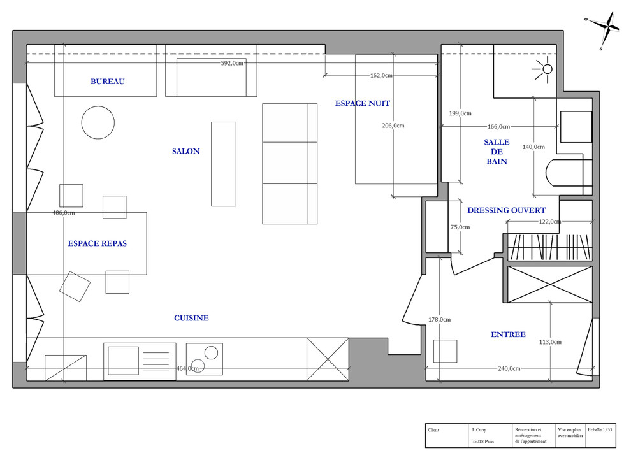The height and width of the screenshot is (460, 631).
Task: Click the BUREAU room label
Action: (108, 82)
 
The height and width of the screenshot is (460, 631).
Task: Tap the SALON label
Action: (186, 151)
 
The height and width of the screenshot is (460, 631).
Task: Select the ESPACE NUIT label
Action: (362, 103)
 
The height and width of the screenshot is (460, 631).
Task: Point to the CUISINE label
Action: (191, 318)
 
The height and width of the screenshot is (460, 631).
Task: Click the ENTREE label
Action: (508, 334)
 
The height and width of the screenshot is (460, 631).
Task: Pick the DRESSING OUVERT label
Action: (506, 210)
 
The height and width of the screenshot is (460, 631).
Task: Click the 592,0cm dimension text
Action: (232, 63)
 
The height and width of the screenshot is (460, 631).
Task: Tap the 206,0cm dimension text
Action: (393, 126)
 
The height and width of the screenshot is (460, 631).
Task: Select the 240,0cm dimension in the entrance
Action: (509, 368)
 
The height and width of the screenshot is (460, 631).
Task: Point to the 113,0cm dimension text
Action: (550, 342)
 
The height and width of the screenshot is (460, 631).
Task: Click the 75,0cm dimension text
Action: (460, 227)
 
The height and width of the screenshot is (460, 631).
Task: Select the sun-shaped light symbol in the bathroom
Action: (544, 69)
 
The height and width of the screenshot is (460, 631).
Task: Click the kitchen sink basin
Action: (123, 361)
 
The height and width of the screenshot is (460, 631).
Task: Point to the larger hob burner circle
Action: (211, 353)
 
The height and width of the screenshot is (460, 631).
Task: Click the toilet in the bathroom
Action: (569, 173)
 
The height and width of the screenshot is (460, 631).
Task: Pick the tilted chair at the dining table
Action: (75, 286)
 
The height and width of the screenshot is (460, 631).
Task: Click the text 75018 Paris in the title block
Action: (483, 442)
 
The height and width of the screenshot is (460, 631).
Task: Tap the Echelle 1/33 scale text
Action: (600, 430)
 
